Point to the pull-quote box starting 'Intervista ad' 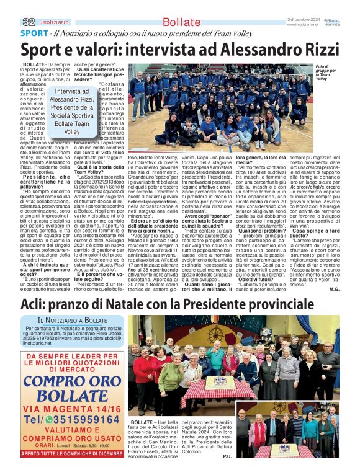tap(71, 112)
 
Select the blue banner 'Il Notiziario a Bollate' tap(73, 320)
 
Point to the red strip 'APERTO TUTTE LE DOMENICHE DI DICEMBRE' tap(73, 453)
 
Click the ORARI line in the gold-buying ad tap(73, 443)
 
